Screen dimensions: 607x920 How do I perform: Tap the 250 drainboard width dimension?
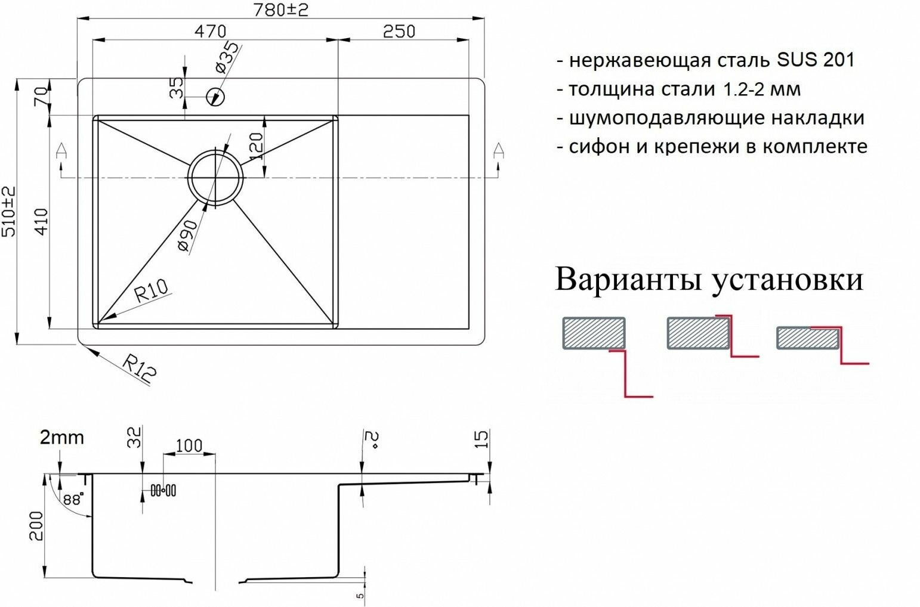point(399,31)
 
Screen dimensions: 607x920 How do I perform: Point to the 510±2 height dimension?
point(9,210)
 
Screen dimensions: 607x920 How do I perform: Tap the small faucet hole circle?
point(215,96)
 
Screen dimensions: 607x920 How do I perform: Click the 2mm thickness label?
point(61,438)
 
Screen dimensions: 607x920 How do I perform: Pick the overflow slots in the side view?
point(163,490)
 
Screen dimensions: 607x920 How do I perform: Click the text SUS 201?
point(816,60)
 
